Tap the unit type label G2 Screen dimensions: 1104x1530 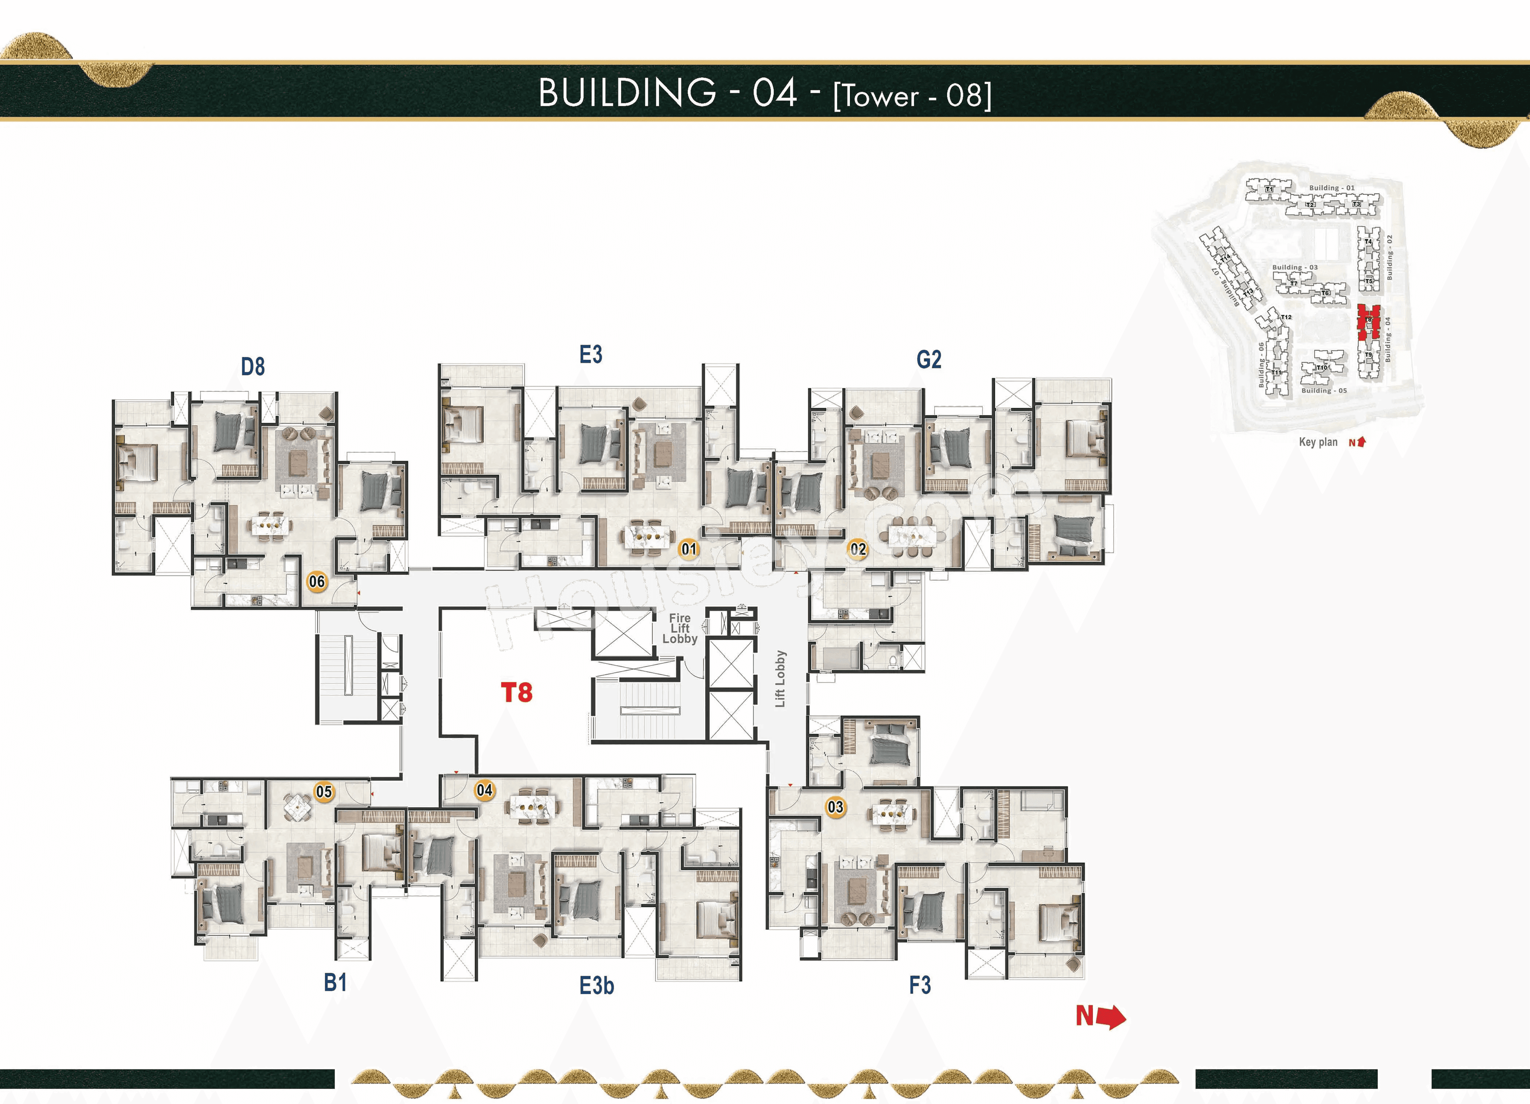928,359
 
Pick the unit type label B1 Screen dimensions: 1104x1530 335,982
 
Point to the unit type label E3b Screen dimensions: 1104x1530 596,986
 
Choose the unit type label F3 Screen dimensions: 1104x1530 920,985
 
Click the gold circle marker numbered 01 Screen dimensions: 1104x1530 688,549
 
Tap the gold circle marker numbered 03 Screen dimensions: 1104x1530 835,807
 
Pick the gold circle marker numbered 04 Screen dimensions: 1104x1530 484,790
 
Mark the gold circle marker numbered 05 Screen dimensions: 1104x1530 324,792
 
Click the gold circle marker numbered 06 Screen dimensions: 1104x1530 316,581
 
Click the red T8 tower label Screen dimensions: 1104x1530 517,692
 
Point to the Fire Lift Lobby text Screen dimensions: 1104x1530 679,628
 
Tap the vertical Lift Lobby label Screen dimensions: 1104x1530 781,679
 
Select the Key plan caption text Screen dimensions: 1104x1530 1318,442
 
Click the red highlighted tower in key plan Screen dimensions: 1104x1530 1369,322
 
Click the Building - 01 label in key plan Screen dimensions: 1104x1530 1331,188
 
